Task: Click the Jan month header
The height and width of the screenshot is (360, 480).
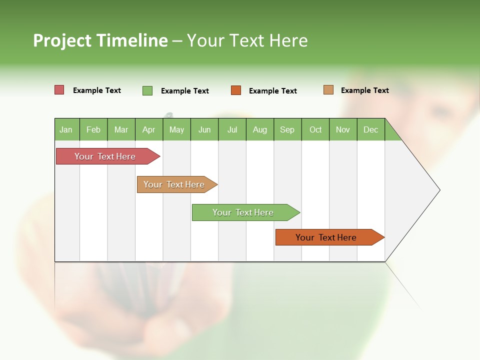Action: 66,129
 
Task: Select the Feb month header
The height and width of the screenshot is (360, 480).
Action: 93,129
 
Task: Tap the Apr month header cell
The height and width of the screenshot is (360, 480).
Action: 149,129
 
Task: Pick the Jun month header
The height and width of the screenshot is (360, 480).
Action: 204,129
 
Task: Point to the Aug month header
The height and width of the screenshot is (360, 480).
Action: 260,129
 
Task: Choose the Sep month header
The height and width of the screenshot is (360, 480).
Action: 287,129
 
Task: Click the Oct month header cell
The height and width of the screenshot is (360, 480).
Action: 315,129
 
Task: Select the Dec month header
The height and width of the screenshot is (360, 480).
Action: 371,129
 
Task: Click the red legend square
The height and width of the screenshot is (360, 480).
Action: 59,90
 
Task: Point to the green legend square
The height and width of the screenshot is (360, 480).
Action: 147,90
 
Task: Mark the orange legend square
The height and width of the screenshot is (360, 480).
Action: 236,90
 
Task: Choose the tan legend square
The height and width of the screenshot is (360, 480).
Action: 328,90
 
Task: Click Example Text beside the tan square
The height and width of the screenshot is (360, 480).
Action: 364,90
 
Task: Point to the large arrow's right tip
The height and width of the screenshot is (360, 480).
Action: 439,190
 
